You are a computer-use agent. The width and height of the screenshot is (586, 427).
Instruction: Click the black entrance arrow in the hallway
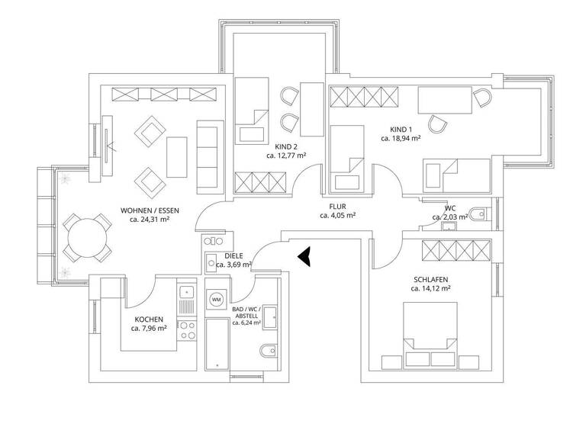click(x=306, y=257)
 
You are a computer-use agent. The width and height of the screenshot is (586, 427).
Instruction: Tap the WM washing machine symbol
click(x=216, y=300)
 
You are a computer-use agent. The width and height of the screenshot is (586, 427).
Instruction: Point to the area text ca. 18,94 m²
click(x=401, y=140)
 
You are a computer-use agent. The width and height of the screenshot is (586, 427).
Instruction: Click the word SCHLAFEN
click(x=431, y=279)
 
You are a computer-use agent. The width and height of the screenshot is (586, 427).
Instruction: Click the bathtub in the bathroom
click(x=217, y=343)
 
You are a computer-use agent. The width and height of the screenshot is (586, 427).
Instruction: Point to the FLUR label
click(x=337, y=206)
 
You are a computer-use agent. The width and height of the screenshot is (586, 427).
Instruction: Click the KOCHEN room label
click(x=149, y=319)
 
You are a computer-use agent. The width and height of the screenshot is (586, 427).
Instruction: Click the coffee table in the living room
click(x=177, y=156)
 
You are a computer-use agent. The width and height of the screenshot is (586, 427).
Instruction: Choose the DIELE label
click(x=233, y=256)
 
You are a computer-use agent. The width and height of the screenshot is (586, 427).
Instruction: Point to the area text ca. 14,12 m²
click(x=431, y=289)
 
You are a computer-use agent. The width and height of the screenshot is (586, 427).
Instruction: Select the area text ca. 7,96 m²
click(x=149, y=329)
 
